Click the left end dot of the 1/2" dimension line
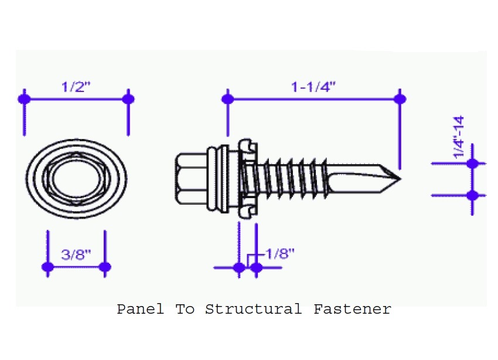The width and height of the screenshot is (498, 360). point(25,99)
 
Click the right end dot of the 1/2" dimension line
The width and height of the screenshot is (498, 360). point(128,99)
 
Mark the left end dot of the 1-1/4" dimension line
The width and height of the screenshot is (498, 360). point(228,99)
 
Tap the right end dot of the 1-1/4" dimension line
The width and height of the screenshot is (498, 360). point(400,99)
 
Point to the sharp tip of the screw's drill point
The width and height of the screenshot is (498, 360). point(401,179)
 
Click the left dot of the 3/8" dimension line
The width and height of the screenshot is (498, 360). point(47,267)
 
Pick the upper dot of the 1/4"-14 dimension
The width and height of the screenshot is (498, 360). point(472,164)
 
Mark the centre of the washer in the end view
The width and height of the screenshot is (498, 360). point(76,179)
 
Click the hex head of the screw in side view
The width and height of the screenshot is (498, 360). point(191,179)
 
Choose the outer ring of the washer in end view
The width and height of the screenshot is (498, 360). point(76,179)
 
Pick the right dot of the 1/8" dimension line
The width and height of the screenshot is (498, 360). point(256,267)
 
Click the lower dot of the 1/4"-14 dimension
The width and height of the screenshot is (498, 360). point(472,195)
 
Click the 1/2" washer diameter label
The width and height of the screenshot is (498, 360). point(76,87)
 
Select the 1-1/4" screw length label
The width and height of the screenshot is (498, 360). point(313,87)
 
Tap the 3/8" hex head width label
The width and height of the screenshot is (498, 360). point(76,254)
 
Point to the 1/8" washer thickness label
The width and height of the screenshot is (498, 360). point(280,253)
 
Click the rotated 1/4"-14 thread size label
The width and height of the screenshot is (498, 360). point(459,137)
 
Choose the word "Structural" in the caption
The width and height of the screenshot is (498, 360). point(254,309)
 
